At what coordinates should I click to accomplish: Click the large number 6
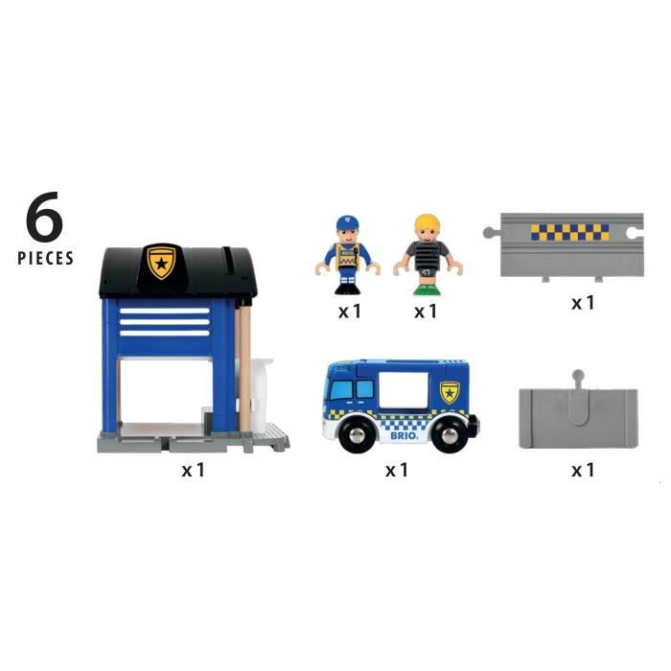[x=44, y=218]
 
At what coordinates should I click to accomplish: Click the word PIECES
[x=45, y=258]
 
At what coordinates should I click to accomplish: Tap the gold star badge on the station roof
[x=161, y=262]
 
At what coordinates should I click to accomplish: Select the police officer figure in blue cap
[x=346, y=254]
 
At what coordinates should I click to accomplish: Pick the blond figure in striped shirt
[x=427, y=254]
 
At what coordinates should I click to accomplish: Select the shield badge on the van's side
[x=450, y=392]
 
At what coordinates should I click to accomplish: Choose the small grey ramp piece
[x=577, y=416]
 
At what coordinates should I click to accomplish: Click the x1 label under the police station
[x=194, y=470]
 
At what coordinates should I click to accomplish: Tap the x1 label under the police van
[x=397, y=470]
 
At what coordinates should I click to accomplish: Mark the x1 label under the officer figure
[x=349, y=311]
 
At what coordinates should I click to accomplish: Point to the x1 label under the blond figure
[x=426, y=311]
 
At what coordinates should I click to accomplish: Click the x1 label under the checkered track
[x=583, y=302]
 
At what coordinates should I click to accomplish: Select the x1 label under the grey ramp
[x=583, y=470]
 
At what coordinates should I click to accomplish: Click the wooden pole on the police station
[x=245, y=364]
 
